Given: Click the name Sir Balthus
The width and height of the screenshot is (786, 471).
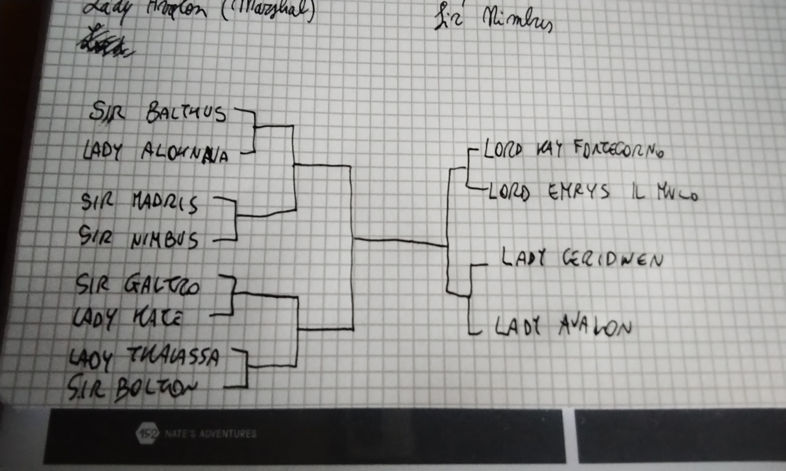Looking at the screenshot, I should tap(158, 112).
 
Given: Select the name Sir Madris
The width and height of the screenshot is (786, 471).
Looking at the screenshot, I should tap(139, 202).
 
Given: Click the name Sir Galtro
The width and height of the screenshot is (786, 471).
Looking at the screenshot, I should tap(137, 284).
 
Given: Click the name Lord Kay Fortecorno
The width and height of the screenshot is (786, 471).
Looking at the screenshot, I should tap(573, 150).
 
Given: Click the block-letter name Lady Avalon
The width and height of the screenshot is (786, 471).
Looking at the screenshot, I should tap(563, 327).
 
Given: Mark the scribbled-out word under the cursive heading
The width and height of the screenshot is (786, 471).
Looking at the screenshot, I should tap(104, 43).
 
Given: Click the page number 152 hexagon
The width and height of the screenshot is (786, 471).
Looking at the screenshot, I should tap(147, 433).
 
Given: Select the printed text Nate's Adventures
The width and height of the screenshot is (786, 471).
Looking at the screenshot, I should tap(211, 433).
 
